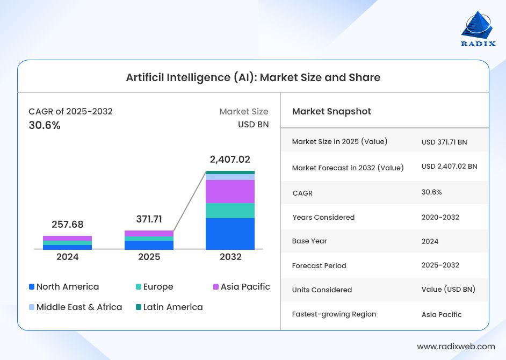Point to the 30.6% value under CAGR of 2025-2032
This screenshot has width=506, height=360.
tap(45, 125)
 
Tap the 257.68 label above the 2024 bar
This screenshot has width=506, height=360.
tap(68, 225)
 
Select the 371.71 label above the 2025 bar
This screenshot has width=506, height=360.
tap(149, 219)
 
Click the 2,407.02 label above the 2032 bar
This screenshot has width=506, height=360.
tap(230, 160)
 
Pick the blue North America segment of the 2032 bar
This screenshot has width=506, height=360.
tap(230, 234)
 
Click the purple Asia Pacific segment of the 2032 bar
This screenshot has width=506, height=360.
tap(230, 191)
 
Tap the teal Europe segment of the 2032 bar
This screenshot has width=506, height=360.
tap(230, 211)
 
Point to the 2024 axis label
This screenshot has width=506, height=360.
tap(68, 257)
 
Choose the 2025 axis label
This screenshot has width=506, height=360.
tap(149, 257)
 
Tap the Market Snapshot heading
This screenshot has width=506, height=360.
tap(331, 111)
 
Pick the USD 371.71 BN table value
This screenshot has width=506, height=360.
tap(444, 142)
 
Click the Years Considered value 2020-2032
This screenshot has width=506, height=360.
tap(440, 217)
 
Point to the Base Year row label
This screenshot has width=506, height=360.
tap(309, 241)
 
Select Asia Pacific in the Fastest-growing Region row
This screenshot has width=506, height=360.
tap(442, 314)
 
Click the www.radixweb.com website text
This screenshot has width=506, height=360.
tap(456, 347)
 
